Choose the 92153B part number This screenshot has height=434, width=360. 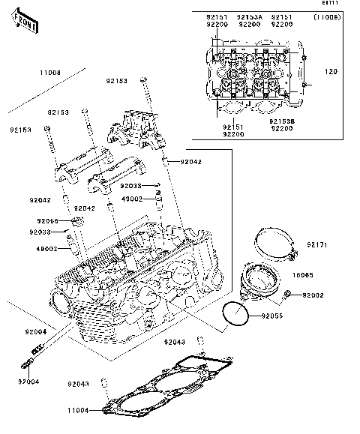(282, 120)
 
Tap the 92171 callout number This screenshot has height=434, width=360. (316, 245)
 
